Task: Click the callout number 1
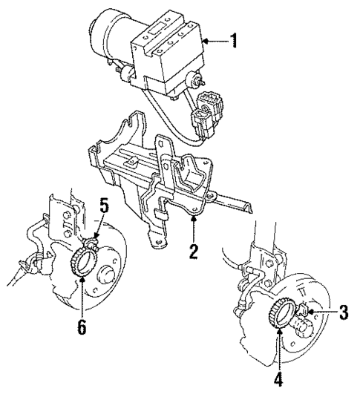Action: pos(234,41)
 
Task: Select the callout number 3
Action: pos(343,312)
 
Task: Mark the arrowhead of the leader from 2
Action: pos(193,220)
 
